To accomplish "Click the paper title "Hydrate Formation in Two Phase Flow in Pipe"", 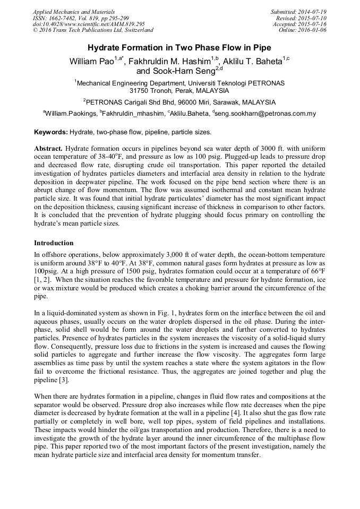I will (x=179, y=47).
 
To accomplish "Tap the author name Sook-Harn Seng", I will (x=185, y=71).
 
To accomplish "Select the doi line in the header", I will (x=89, y=24).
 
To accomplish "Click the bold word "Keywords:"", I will (x=50, y=132).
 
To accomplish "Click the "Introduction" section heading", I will (x=54, y=243).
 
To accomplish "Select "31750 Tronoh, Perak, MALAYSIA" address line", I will (x=179, y=91).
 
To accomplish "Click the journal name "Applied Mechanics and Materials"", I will (x=73, y=12).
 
